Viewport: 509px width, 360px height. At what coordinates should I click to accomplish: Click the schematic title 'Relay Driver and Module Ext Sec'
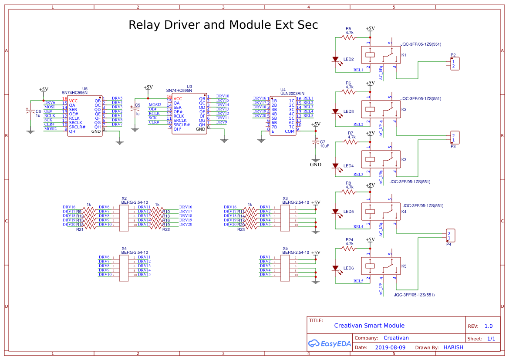(223, 25)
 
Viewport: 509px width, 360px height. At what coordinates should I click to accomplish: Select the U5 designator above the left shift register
(84, 88)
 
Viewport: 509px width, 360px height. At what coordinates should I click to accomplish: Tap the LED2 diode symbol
(335, 59)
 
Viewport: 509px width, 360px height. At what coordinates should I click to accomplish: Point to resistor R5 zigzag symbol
(349, 37)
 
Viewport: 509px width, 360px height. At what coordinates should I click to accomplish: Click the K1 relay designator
(404, 55)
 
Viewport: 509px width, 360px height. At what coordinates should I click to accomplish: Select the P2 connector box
(455, 64)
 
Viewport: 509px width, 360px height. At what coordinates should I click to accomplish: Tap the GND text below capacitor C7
(315, 165)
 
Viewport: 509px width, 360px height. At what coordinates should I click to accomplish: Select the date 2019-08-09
(390, 347)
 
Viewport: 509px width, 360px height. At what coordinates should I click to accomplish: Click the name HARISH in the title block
(453, 347)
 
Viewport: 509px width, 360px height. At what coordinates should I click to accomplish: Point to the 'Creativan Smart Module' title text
(369, 326)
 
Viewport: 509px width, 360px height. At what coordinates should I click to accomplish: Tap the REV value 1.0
(488, 326)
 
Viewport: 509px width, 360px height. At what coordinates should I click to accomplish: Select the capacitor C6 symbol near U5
(30, 112)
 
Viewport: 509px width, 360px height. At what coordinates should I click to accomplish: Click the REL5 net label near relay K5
(358, 281)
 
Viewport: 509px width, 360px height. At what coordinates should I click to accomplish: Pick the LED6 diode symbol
(335, 268)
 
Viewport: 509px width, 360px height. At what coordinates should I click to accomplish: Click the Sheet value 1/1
(491, 339)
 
